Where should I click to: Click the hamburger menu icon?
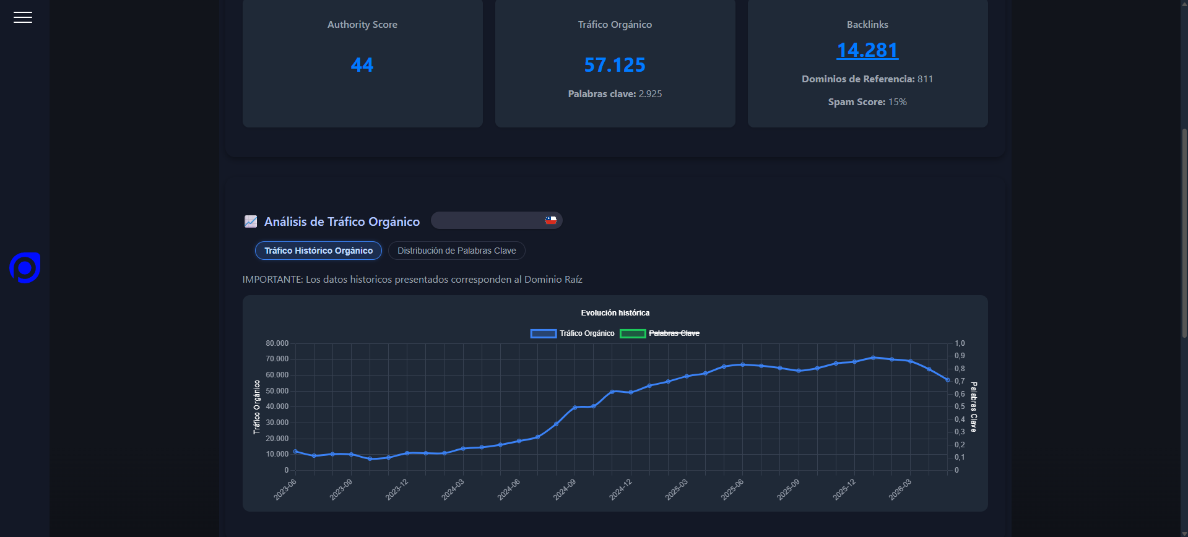(23, 17)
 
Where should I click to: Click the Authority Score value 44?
(362, 65)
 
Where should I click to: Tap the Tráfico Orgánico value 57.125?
(615, 65)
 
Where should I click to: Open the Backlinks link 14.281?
(867, 50)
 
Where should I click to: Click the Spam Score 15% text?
(867, 102)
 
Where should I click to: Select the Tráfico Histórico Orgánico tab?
(318, 251)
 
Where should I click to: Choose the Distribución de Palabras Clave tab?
(457, 251)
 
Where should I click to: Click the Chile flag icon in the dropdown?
(550, 220)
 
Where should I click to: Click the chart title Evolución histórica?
(615, 313)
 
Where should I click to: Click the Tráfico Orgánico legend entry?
(573, 333)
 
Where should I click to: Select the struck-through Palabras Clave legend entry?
(660, 333)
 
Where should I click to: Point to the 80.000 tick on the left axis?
(277, 343)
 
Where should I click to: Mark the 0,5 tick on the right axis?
(960, 406)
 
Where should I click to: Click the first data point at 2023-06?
(295, 452)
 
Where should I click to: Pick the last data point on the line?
(948, 380)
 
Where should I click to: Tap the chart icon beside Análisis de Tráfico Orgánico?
(251, 221)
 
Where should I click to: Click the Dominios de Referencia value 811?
(926, 79)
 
